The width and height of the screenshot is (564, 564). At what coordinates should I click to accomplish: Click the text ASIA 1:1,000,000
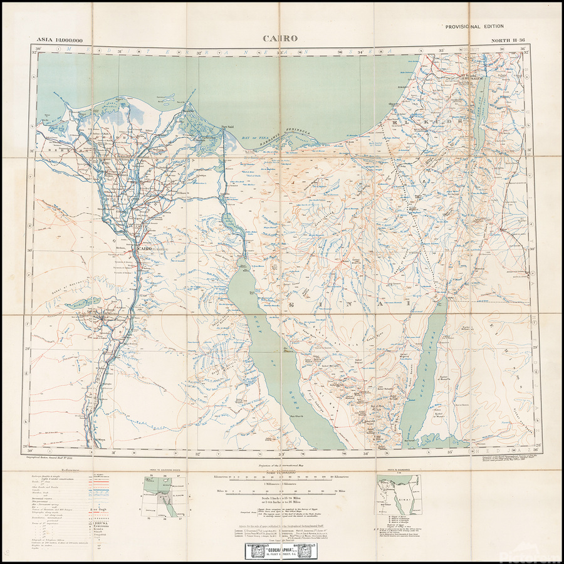click(60, 41)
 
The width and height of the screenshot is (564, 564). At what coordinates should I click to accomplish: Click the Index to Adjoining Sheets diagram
click(160, 495)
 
